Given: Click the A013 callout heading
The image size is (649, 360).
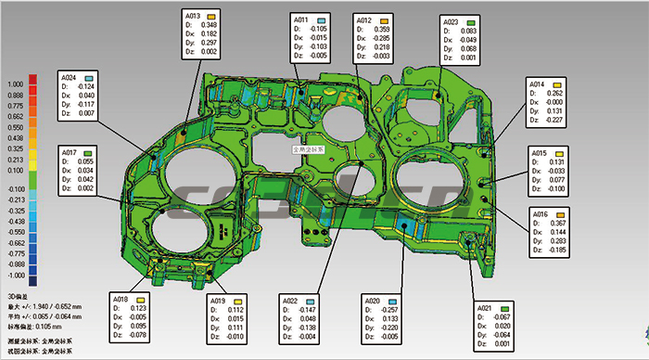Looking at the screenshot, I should [193, 17].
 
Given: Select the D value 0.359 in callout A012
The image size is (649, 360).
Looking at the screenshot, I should [382, 29].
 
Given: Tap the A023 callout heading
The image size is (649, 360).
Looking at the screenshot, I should [451, 21].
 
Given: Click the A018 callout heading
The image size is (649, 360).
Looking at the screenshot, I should [121, 299].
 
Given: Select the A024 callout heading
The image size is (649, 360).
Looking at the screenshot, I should [70, 77].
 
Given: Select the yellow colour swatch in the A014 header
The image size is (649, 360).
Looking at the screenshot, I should [558, 84].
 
